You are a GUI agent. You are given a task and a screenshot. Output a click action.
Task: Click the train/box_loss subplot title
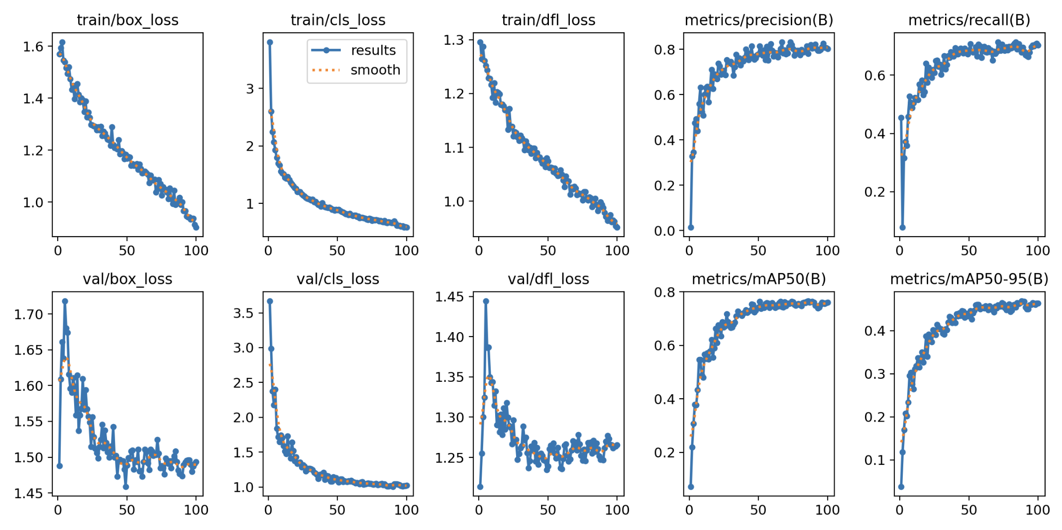coord(127,20)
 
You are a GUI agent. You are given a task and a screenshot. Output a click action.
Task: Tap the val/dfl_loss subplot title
coord(548,279)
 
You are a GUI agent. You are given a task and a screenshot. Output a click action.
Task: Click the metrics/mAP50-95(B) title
coord(969,279)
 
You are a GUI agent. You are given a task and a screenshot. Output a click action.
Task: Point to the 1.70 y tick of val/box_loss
coord(28,314)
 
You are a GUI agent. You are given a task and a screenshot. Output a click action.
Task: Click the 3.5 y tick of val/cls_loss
coord(243,313)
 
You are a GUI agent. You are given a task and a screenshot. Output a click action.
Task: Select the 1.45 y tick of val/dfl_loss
coord(449,297)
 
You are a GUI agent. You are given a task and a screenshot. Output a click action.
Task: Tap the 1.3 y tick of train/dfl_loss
coord(453,40)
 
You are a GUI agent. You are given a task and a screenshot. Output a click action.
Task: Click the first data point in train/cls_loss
coord(270,42)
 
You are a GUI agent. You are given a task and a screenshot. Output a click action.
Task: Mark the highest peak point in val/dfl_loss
coord(486,301)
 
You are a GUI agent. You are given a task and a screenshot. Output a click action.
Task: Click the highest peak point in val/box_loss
coord(65,301)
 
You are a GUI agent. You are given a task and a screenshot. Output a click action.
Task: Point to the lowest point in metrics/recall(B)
coord(902,227)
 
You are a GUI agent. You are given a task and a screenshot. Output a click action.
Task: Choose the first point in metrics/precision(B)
coord(691,227)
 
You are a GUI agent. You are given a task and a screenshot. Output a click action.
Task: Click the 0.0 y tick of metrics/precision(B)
coord(664,231)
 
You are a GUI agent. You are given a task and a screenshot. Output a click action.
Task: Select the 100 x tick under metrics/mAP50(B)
coord(827,510)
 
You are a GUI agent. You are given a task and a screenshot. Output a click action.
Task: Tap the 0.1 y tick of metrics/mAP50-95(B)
coord(875,460)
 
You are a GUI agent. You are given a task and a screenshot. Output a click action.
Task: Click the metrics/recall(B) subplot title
coord(969,20)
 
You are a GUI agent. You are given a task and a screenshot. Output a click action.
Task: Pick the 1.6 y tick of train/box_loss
coord(33,47)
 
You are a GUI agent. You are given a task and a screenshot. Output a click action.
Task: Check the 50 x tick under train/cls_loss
coord(337,251)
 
